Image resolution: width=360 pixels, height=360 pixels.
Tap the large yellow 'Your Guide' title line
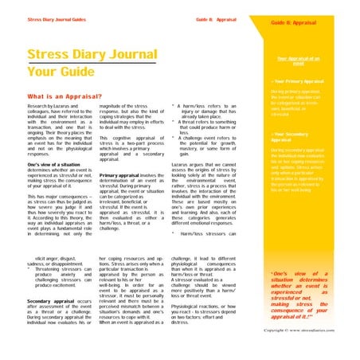pyautogui.click(x=61, y=70)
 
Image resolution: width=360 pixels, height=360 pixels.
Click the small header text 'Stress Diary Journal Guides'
pyautogui.click(x=58, y=18)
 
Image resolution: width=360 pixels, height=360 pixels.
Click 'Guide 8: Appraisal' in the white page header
pyautogui.click(x=217, y=18)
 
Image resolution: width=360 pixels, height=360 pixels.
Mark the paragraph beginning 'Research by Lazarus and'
pyautogui.click(x=57, y=127)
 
